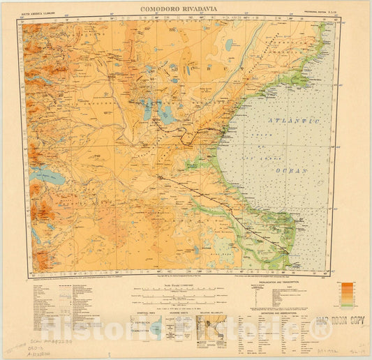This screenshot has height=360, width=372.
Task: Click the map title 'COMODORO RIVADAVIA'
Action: pos(186,10)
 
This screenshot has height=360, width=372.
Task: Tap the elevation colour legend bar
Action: pos(346,293)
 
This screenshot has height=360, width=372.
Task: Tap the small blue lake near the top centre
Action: pos(229,45)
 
